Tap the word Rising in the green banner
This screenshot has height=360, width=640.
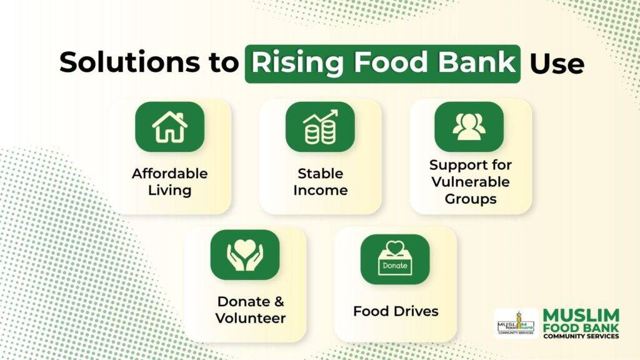click(x=297, y=63)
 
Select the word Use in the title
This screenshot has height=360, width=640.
click(x=557, y=64)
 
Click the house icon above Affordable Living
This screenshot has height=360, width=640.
click(x=170, y=127)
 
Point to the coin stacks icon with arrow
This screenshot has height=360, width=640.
click(x=321, y=127)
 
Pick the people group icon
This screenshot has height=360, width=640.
click(x=469, y=126)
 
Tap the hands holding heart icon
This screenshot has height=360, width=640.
click(x=245, y=255)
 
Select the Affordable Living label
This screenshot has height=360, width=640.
click(x=170, y=182)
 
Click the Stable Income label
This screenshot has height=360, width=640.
click(x=321, y=182)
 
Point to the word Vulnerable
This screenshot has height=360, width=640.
click(x=471, y=182)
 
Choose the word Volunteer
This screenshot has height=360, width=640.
click(x=251, y=318)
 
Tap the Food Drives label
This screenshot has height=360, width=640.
click(x=396, y=311)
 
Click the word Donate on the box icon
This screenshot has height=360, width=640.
click(x=395, y=265)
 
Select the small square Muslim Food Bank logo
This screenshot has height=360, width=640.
click(x=516, y=324)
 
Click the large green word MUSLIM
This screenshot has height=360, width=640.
click(x=581, y=316)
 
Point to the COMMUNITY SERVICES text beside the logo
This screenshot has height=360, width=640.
click(x=581, y=336)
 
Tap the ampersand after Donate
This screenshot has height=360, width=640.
click(x=279, y=302)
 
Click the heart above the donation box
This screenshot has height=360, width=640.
click(x=395, y=247)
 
